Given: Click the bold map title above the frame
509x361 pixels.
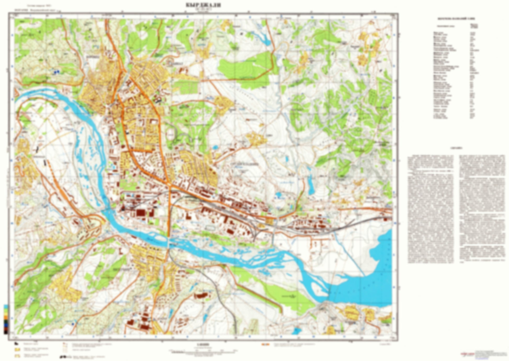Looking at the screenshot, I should [x=203, y=5].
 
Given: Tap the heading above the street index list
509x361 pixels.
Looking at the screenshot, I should [x=456, y=19].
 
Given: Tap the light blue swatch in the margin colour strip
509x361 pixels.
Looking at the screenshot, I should [x=6, y=306].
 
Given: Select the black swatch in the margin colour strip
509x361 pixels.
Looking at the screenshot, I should [x=6, y=332].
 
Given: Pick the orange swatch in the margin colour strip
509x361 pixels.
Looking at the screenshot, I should [x=6, y=317].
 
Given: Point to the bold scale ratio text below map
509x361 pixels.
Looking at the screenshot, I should [x=203, y=344].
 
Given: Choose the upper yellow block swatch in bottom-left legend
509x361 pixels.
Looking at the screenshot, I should [x=18, y=349].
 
